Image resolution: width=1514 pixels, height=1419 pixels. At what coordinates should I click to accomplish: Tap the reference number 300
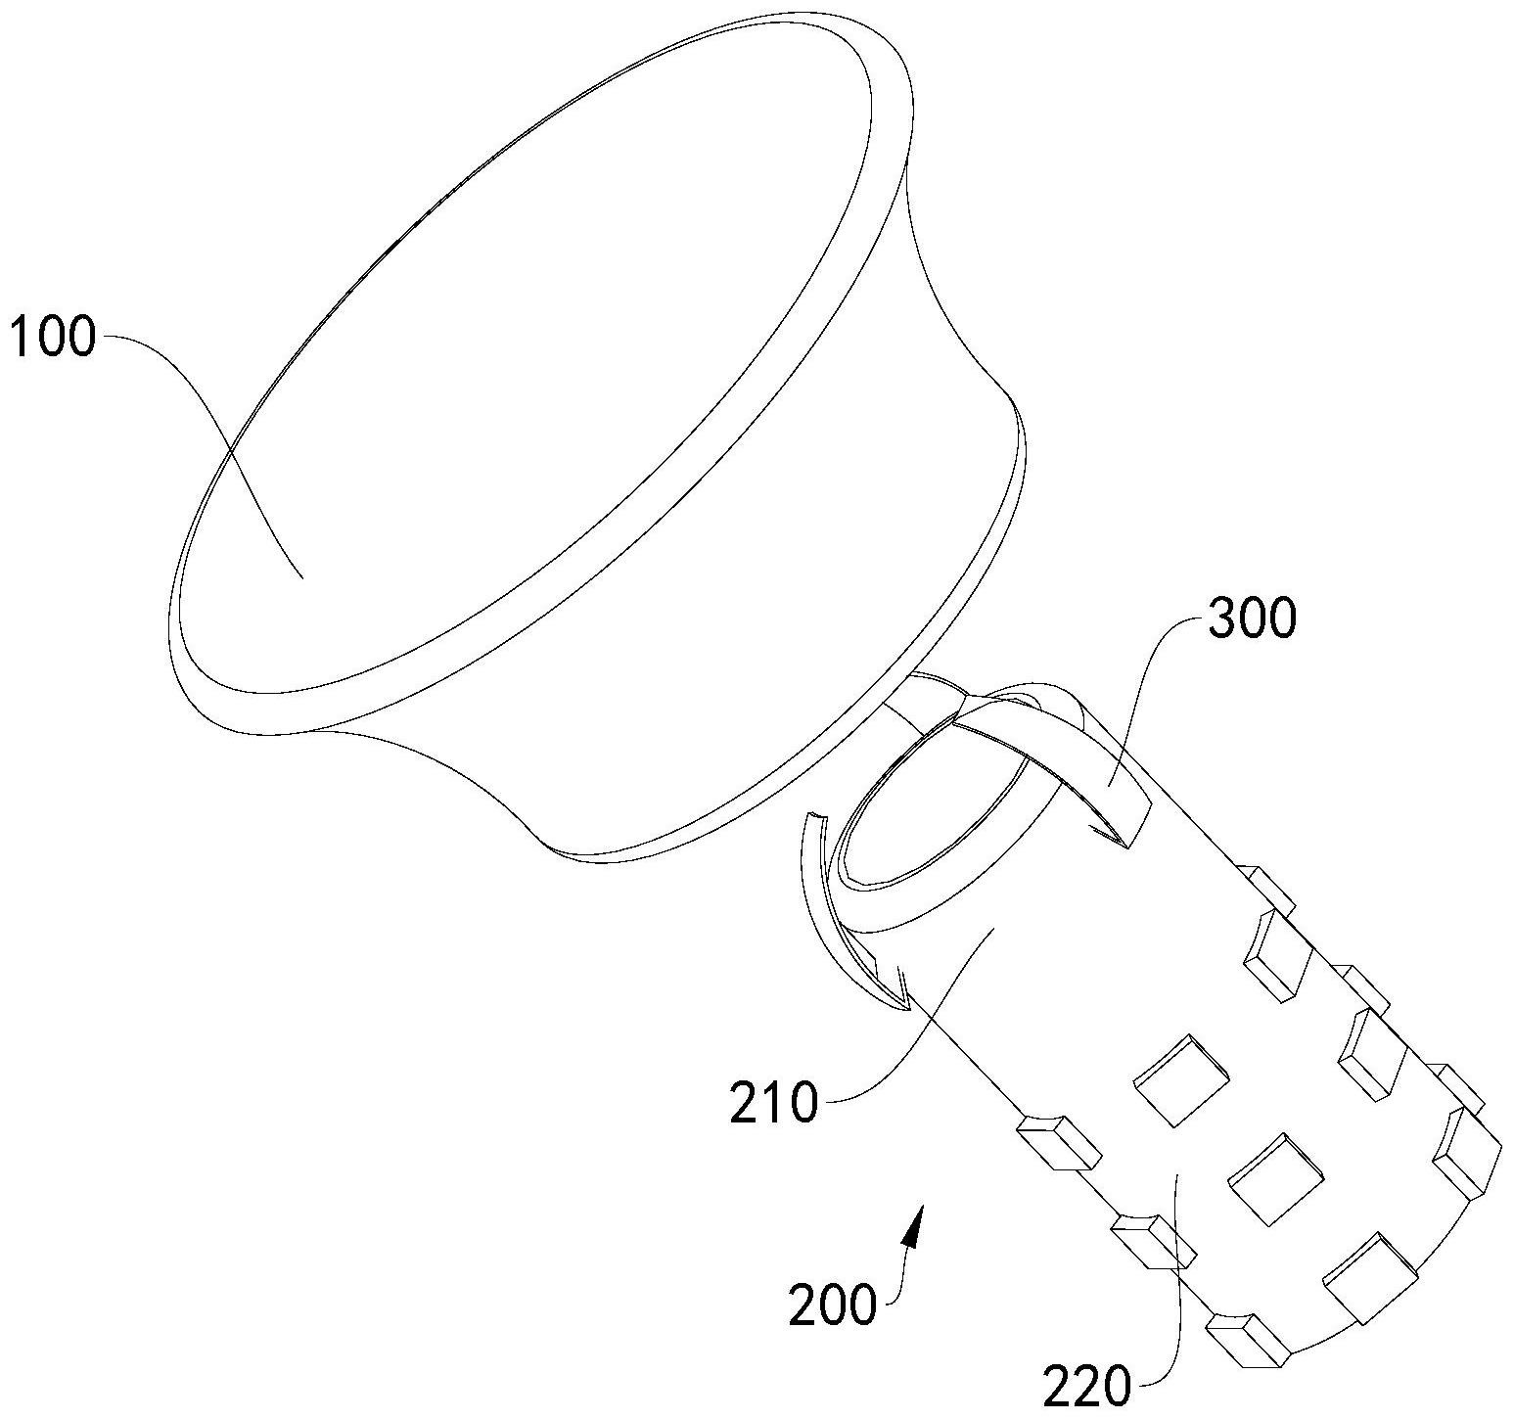tap(1252, 618)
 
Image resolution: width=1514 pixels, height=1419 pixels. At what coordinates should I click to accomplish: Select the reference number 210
tap(773, 1105)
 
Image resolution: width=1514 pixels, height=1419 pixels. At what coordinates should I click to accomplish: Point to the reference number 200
tap(832, 1305)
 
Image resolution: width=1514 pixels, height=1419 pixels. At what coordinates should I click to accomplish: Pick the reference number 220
tap(1086, 1386)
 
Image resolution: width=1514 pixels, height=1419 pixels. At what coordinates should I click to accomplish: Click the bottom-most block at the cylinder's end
tap(1248, 1338)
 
